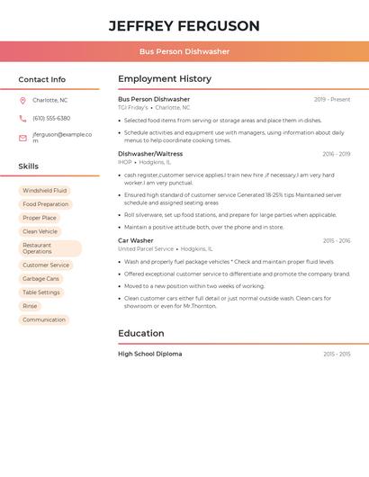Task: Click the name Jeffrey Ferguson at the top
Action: click(184, 26)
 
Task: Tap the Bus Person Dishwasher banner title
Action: click(184, 51)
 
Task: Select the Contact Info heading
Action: click(41, 79)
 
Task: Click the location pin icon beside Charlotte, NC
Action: click(22, 101)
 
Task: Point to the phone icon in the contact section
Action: click(22, 119)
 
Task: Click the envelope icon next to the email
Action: click(22, 138)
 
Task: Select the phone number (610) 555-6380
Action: click(51, 118)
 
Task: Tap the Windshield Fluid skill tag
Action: click(45, 191)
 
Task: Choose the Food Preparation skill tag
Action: click(46, 204)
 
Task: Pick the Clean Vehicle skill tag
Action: click(40, 231)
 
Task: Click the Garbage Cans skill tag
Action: click(40, 279)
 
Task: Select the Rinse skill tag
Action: click(31, 306)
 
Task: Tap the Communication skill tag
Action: click(44, 319)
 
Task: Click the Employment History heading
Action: click(165, 79)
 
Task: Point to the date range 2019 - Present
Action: click(332, 100)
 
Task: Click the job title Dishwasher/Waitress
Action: click(150, 154)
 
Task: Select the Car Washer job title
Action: click(136, 241)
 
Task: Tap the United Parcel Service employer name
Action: click(146, 249)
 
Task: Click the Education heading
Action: click(140, 333)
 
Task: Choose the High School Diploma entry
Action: click(150, 354)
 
